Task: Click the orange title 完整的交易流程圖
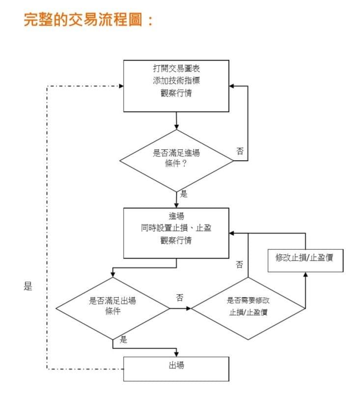click(x=83, y=20)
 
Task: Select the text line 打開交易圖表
click(x=176, y=68)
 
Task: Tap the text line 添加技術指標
click(x=176, y=81)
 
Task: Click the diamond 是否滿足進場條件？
click(x=176, y=161)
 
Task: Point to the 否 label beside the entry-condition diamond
click(x=240, y=151)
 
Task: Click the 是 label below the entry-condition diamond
click(x=184, y=194)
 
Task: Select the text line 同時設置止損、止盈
click(x=176, y=228)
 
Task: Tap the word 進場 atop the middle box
click(x=176, y=216)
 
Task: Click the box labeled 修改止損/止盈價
click(x=305, y=260)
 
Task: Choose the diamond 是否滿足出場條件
click(x=112, y=309)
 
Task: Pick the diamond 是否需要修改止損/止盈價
click(x=248, y=309)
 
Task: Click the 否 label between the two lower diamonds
click(x=180, y=298)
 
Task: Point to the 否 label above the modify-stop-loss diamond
click(x=239, y=264)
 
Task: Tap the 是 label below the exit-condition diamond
click(x=123, y=339)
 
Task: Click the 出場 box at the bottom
click(x=176, y=369)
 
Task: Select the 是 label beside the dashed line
click(x=28, y=286)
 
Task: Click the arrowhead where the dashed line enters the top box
click(x=121, y=86)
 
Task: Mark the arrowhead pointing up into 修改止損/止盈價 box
click(x=305, y=275)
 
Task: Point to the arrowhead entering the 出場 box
click(x=176, y=354)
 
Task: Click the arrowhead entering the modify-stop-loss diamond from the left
click(x=189, y=309)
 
